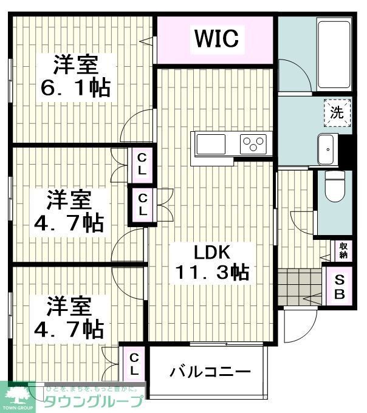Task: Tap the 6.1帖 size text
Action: point(75,89)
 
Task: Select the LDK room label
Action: point(213,251)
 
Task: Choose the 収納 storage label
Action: point(343,250)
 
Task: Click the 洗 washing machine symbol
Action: point(337,112)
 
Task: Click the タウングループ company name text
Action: point(94,401)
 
